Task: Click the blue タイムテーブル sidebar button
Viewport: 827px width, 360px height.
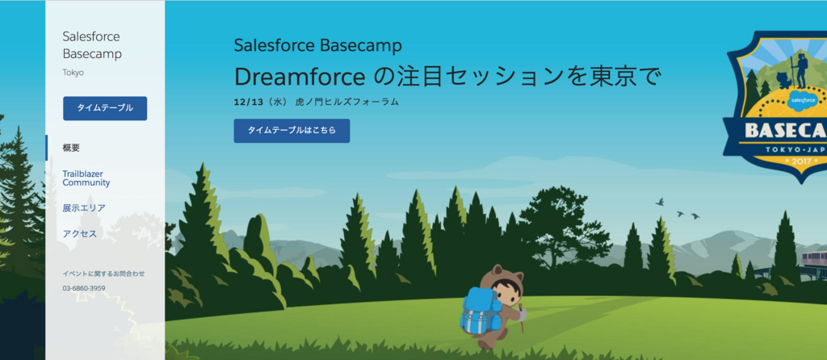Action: (105, 108)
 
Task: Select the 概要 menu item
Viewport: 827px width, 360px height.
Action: (71, 148)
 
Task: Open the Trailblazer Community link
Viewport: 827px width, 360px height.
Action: (86, 178)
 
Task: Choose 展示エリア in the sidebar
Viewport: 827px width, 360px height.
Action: (84, 208)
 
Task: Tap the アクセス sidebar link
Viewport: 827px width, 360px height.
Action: (80, 233)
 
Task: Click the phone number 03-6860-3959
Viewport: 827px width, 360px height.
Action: (84, 288)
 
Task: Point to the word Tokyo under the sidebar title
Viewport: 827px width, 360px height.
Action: (73, 73)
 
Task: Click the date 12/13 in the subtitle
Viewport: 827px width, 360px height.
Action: (246, 102)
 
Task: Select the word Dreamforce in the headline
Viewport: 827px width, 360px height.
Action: (300, 77)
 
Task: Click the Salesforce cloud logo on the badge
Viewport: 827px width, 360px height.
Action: (803, 99)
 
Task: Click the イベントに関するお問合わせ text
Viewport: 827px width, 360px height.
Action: (103, 274)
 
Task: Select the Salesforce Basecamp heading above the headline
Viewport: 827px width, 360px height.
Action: (318, 46)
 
